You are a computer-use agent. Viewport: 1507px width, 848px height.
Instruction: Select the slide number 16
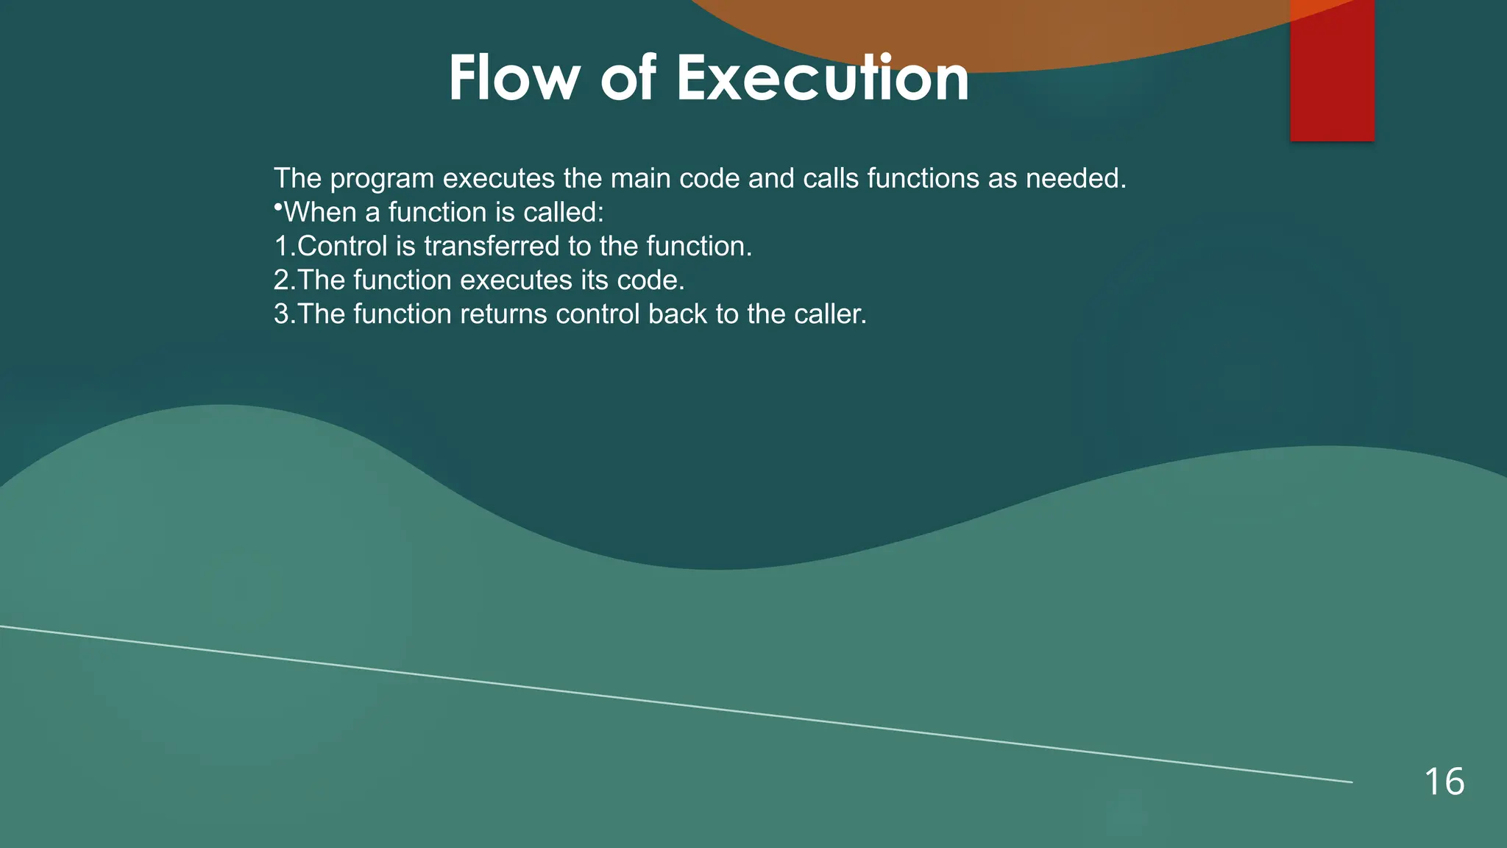point(1444,782)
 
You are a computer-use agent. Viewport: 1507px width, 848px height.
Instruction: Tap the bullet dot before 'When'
point(278,208)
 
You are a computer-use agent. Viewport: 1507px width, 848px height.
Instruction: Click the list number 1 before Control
point(282,247)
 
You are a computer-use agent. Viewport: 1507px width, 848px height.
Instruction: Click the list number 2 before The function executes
point(282,280)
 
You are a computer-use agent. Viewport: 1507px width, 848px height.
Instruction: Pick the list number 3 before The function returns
point(282,314)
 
